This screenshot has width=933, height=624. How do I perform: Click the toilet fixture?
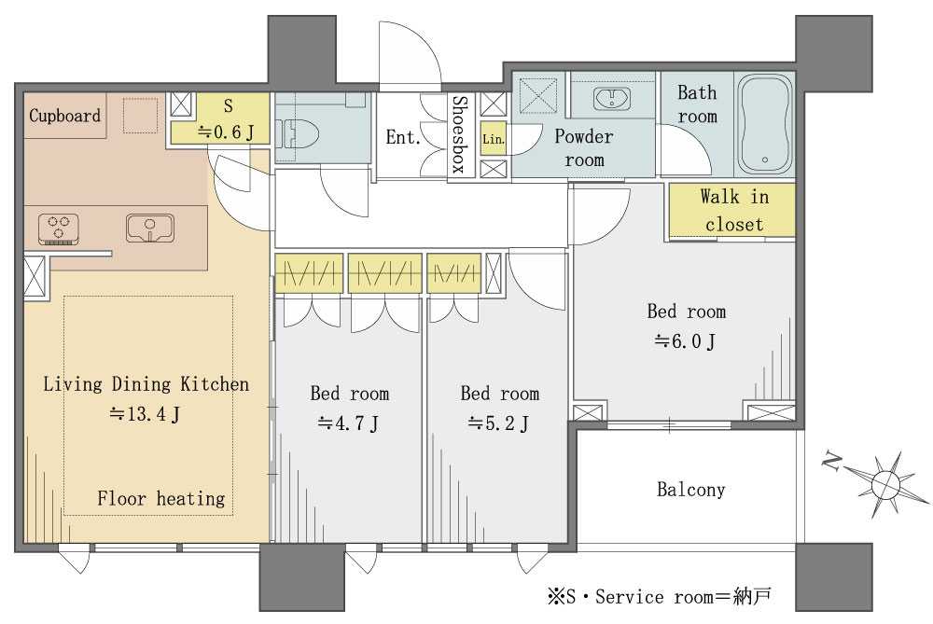click(x=300, y=132)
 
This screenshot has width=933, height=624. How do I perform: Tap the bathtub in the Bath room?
click(x=765, y=123)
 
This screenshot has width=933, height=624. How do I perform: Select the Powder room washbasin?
click(x=612, y=98)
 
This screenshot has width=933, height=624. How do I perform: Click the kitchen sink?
click(x=150, y=228)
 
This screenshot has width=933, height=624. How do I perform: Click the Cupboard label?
click(x=65, y=116)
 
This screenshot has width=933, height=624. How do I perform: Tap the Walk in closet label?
click(x=734, y=210)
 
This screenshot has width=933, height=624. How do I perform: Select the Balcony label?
click(x=690, y=490)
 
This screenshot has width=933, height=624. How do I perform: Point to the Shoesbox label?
click(x=459, y=134)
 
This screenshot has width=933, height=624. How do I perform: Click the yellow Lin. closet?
click(x=494, y=138)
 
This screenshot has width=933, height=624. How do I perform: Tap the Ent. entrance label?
click(x=403, y=137)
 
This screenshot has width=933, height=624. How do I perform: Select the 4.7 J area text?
click(x=348, y=423)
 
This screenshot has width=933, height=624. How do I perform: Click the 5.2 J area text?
click(x=498, y=423)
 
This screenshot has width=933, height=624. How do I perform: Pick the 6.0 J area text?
click(x=686, y=341)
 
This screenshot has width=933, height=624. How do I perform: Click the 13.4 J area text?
click(x=145, y=414)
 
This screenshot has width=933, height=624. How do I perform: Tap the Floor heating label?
click(x=161, y=498)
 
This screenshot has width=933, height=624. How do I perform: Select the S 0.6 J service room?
click(x=220, y=118)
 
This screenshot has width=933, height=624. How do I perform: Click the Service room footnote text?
click(x=661, y=596)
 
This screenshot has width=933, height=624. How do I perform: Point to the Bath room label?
click(x=697, y=104)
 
